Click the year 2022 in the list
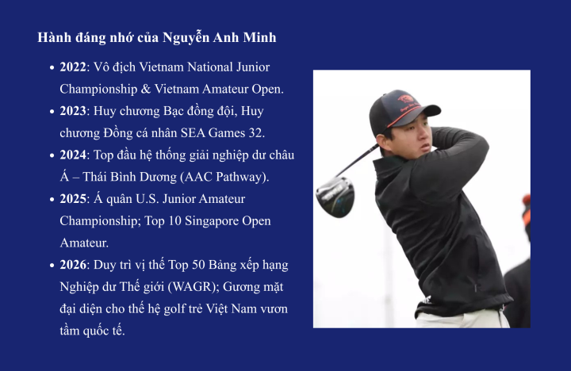coord(72,67)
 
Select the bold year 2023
coord(72,111)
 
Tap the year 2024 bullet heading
coord(72,155)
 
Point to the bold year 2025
coord(72,198)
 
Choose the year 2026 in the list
coord(72,264)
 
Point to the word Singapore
coord(203,220)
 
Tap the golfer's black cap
coord(400,109)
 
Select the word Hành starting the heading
coord(54,38)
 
